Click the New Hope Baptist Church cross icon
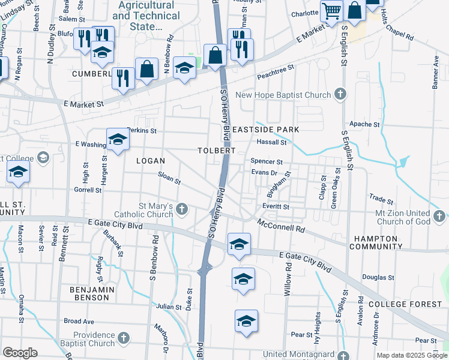[x=340, y=94]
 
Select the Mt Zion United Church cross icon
[x=439, y=214]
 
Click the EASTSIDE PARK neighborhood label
[x=266, y=130]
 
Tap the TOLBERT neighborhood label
[x=217, y=150]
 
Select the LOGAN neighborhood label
[x=150, y=161]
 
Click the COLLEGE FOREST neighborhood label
[x=400, y=305]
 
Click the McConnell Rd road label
[x=282, y=226]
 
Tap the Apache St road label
[x=365, y=124]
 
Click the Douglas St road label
[x=378, y=277]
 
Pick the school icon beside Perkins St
[x=118, y=139]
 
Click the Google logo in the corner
[x=20, y=352]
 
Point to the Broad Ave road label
[x=79, y=321]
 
